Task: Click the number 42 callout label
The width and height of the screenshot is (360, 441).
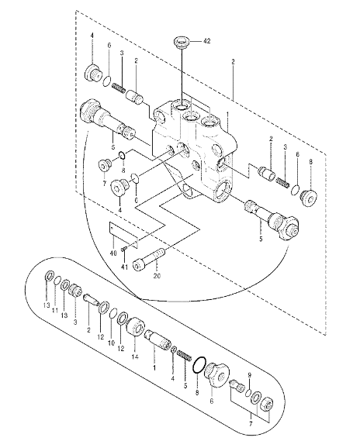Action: [206, 41]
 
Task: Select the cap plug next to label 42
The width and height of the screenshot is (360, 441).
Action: [182, 43]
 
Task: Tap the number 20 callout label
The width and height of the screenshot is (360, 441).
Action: [157, 276]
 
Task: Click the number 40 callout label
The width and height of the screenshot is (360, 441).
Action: [113, 253]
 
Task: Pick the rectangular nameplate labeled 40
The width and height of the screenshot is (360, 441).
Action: [123, 235]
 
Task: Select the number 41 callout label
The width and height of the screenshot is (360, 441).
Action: [124, 267]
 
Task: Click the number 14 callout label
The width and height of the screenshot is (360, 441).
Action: [135, 357]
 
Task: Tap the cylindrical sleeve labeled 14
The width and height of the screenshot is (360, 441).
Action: [135, 326]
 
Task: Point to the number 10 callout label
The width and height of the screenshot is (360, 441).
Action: [111, 343]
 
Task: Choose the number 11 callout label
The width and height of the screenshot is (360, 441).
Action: [55, 311]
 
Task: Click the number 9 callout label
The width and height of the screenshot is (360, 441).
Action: [249, 375]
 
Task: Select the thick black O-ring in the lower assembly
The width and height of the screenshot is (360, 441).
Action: [199, 366]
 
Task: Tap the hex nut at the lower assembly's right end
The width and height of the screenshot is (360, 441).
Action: [266, 405]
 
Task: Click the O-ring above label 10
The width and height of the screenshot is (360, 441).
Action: [112, 313]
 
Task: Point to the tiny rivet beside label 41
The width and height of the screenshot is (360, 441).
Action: [123, 249]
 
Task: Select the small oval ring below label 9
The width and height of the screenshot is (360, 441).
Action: [247, 393]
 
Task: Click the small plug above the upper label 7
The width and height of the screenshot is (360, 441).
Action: [104, 165]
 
